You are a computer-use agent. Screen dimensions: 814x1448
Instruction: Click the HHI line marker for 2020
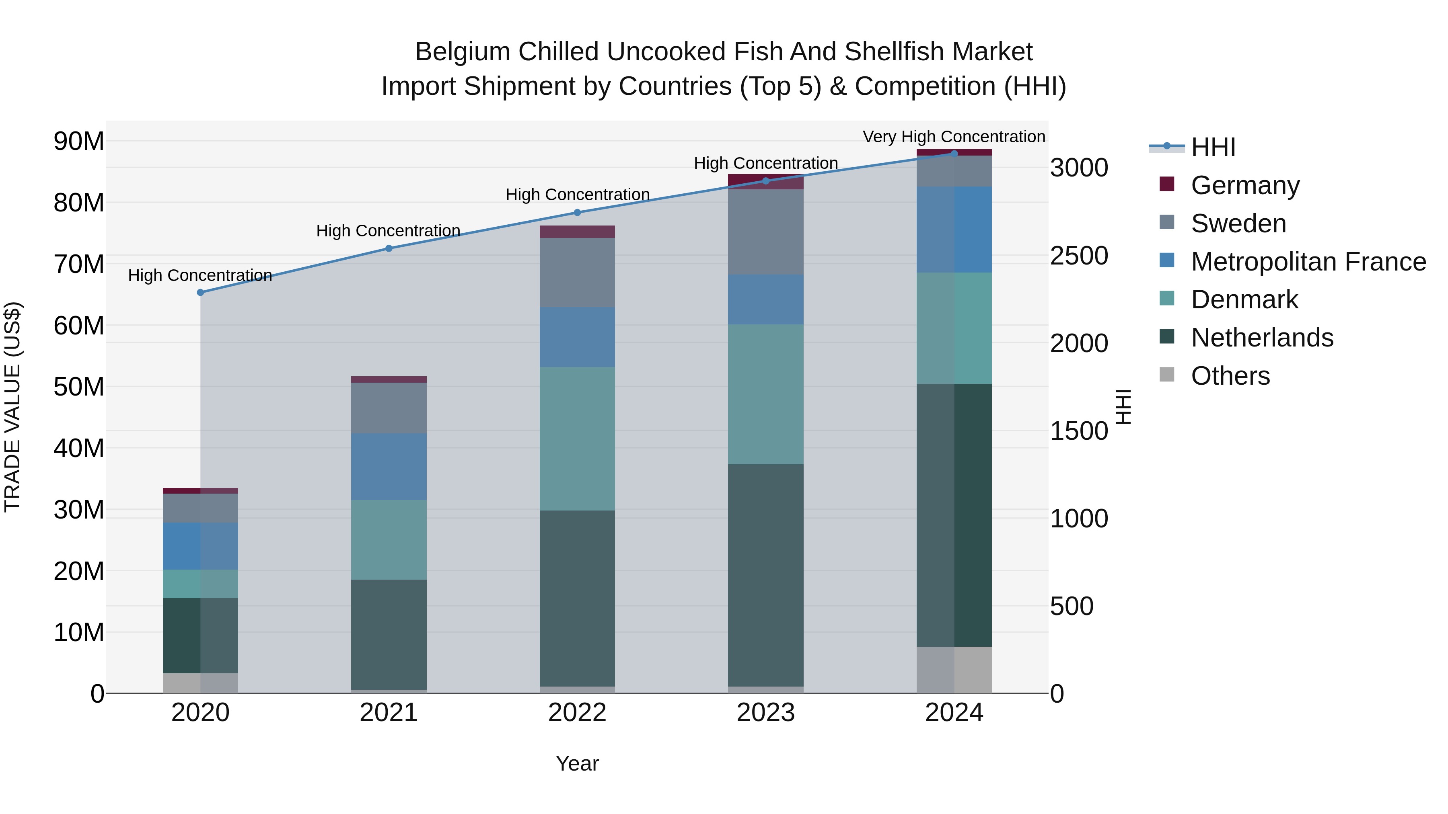pos(201,293)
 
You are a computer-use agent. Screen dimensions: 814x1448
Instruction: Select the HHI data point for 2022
pos(577,212)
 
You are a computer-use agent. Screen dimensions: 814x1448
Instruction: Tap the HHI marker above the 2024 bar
pos(954,154)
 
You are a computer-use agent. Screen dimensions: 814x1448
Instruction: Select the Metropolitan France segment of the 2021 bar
pos(389,466)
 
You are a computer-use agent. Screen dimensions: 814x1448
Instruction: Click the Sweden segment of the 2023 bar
pos(765,232)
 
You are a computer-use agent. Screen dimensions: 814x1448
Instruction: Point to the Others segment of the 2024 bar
pos(954,670)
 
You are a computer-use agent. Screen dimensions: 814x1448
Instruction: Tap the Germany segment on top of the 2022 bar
pos(577,232)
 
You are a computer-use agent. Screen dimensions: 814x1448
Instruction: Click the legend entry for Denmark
pos(1244,299)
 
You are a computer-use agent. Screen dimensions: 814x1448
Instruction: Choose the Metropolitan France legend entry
pos(1308,262)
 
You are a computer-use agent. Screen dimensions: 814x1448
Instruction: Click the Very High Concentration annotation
pos(954,137)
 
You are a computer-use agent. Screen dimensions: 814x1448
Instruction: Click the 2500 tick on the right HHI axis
pos(1079,256)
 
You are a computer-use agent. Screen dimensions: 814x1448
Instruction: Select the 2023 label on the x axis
pos(765,713)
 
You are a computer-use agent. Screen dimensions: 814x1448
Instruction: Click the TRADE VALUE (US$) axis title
pos(12,407)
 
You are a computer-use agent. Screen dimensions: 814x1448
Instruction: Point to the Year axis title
pos(577,763)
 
